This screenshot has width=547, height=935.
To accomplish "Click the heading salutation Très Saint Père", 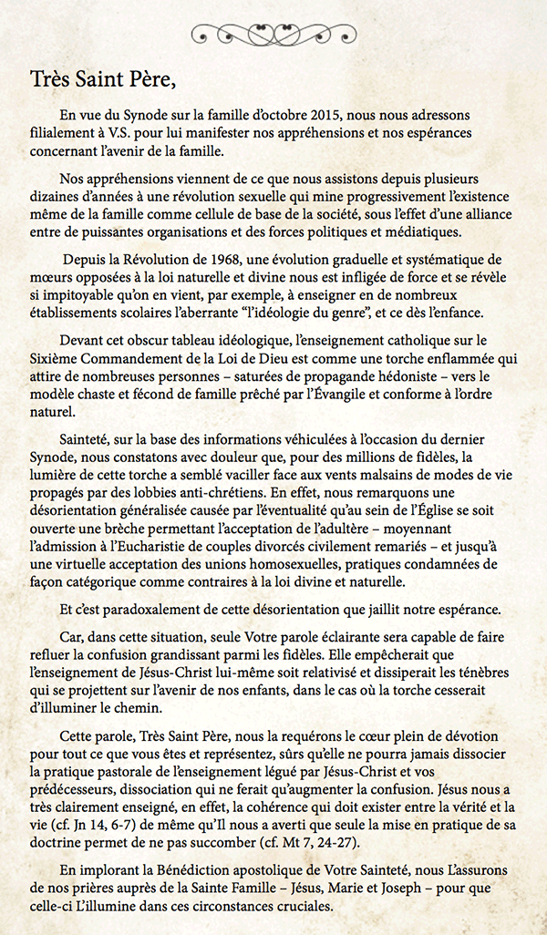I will click(x=101, y=77).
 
